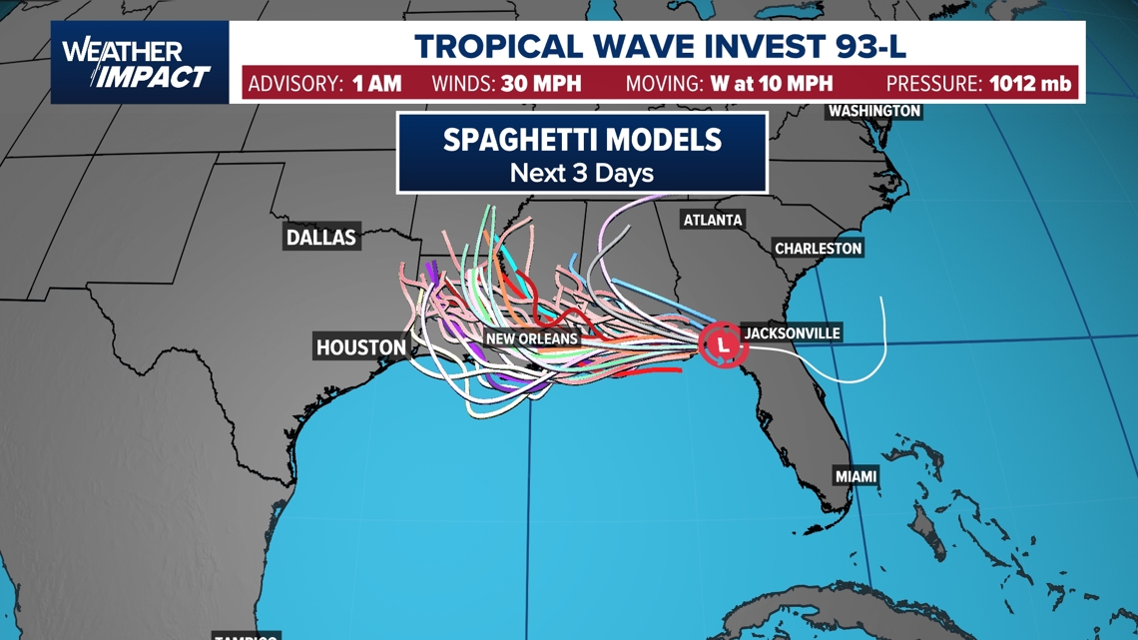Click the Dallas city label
320,238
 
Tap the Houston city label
361,347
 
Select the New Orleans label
532,339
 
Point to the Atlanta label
713,220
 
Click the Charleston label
818,248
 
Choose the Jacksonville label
792,332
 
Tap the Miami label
855,476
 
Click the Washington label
873,111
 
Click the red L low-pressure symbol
723,345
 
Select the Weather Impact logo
139,63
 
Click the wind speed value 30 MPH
542,83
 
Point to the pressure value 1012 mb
1030,83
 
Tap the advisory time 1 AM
377,83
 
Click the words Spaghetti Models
582,139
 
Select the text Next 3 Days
582,173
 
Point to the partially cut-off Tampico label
246,636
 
